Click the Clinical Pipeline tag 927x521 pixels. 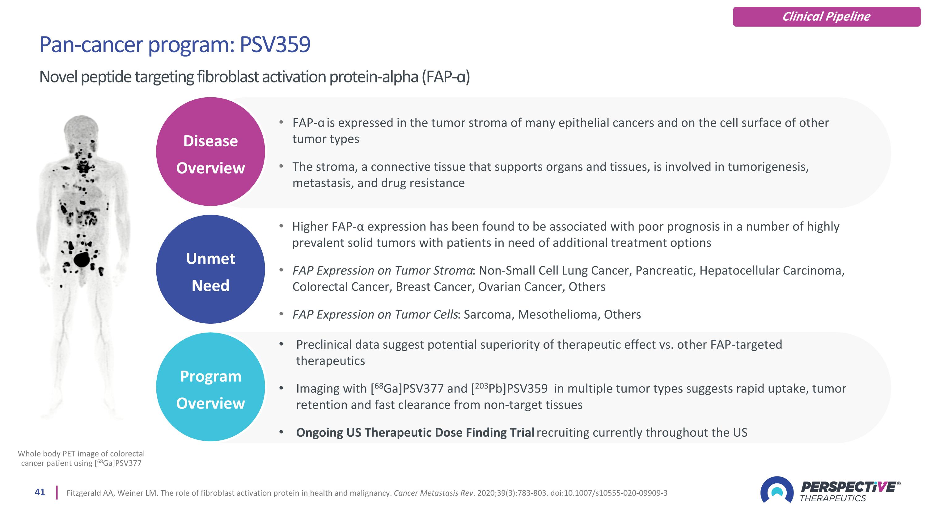(826, 17)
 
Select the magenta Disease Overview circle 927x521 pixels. (210, 152)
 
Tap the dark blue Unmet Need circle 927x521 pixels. (210, 269)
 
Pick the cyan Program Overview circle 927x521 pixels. (210, 387)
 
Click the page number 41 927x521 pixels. (40, 492)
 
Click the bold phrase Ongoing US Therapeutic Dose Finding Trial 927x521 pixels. (415, 433)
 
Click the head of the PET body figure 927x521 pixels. (81, 128)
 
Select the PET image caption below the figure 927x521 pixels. (81, 458)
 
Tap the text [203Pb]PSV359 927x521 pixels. (509, 389)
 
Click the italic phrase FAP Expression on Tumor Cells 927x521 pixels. (375, 315)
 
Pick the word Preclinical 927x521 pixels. (324, 345)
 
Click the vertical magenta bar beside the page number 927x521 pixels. (57, 493)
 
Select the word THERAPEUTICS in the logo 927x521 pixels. (833, 498)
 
